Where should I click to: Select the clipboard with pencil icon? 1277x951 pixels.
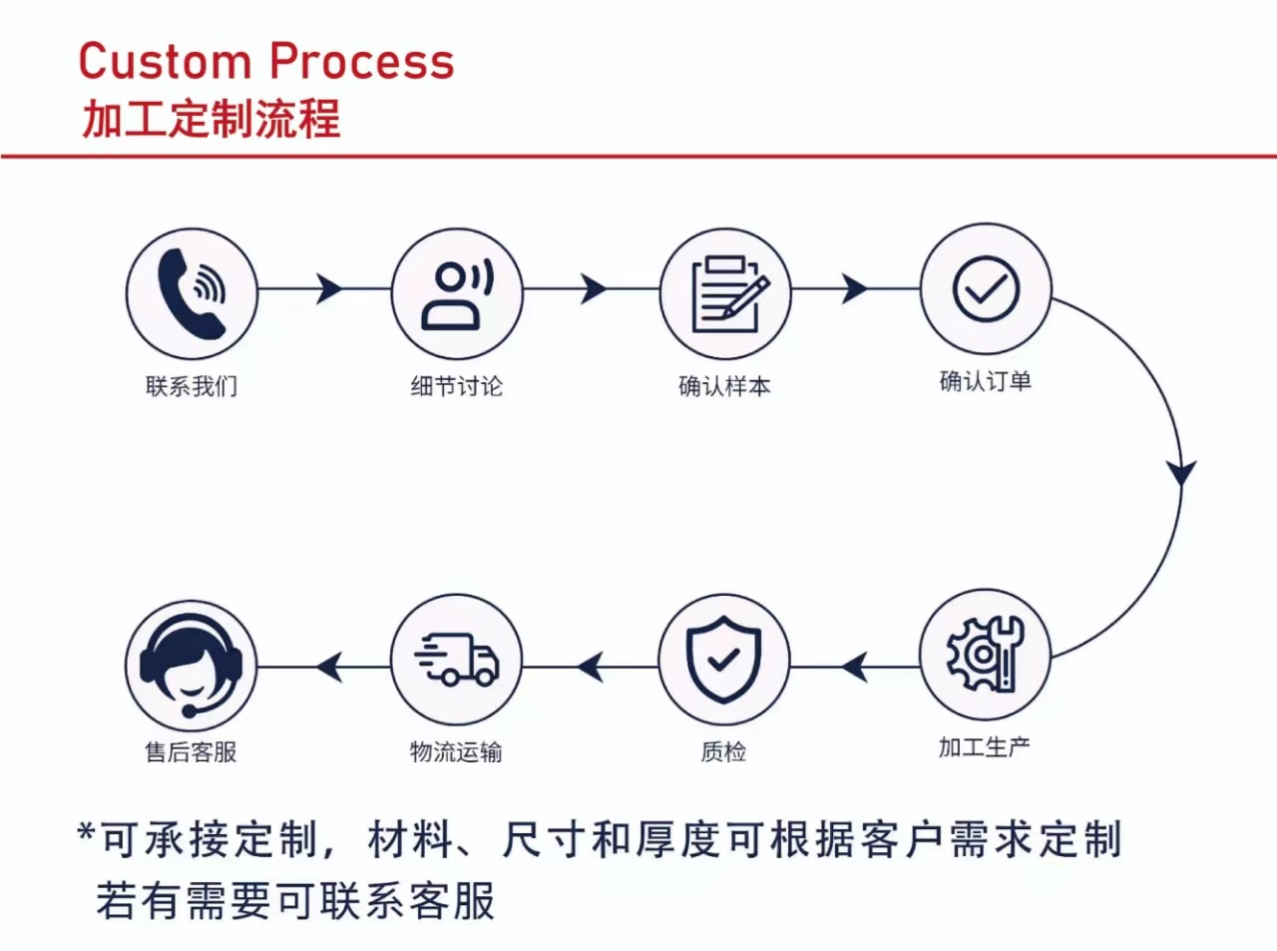(725, 292)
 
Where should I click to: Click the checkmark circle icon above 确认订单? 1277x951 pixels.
(985, 288)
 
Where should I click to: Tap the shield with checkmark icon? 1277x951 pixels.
(724, 659)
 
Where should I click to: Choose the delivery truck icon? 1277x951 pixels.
(457, 660)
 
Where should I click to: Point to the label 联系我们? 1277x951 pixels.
(192, 386)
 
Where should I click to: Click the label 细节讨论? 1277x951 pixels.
(457, 386)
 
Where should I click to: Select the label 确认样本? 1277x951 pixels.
(724, 386)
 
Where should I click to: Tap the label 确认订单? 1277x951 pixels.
(985, 381)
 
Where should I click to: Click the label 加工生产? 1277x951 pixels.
(984, 746)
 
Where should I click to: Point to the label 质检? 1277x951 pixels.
(723, 751)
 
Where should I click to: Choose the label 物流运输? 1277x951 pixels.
(456, 751)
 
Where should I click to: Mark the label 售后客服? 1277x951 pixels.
(191, 751)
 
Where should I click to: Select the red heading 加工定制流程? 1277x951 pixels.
(211, 119)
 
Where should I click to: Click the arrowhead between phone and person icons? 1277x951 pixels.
(328, 289)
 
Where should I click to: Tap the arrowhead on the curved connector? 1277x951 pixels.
(1182, 471)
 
